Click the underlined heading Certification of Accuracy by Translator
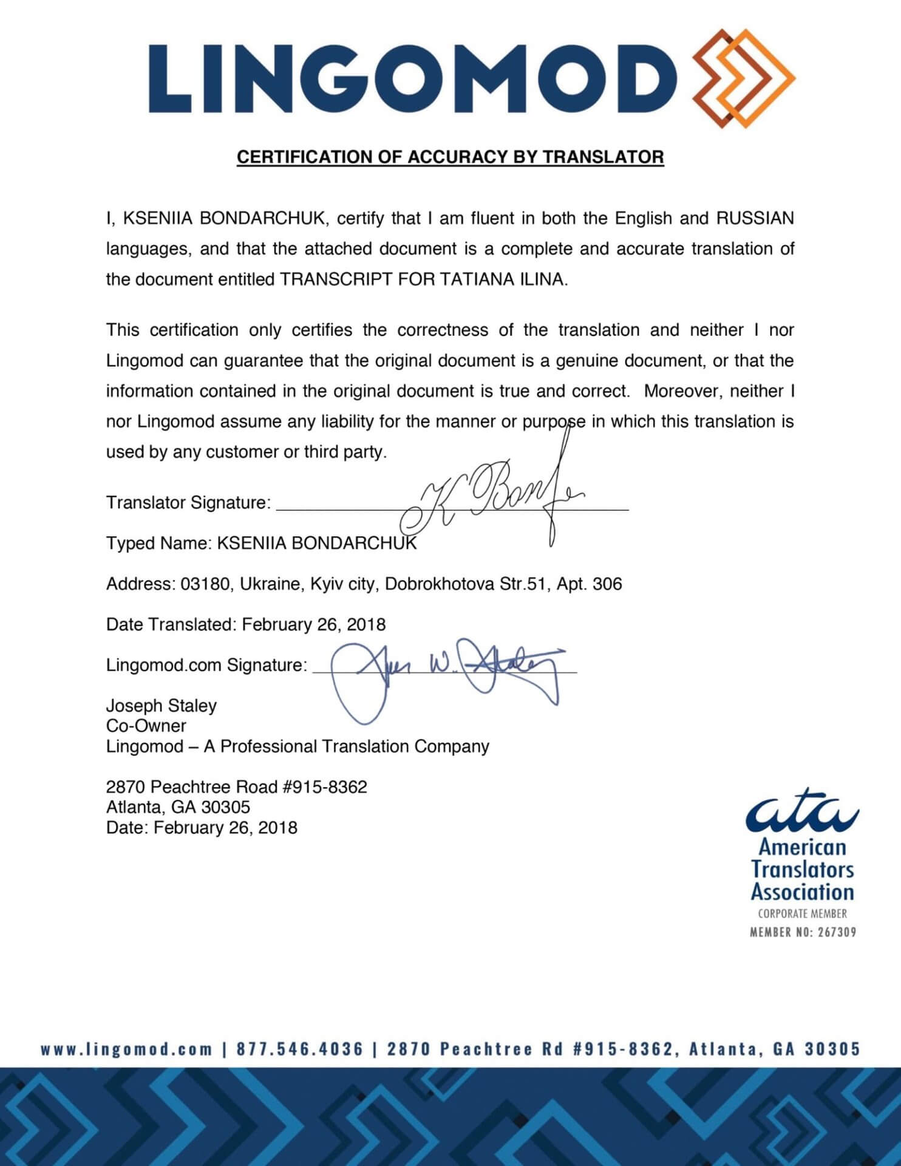point(450,157)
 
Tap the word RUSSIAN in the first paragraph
point(755,218)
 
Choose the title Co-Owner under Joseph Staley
point(146,726)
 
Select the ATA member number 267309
point(836,932)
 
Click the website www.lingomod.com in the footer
point(127,1049)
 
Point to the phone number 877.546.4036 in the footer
point(299,1049)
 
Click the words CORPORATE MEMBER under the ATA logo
point(802,913)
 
